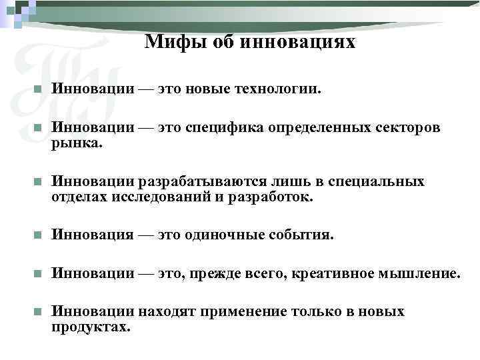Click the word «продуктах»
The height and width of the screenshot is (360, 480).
click(x=91, y=327)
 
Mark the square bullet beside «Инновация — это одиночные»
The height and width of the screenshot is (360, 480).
click(x=38, y=235)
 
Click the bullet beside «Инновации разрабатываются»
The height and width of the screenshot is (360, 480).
click(x=38, y=182)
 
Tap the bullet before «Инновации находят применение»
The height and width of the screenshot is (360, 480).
click(x=38, y=311)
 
